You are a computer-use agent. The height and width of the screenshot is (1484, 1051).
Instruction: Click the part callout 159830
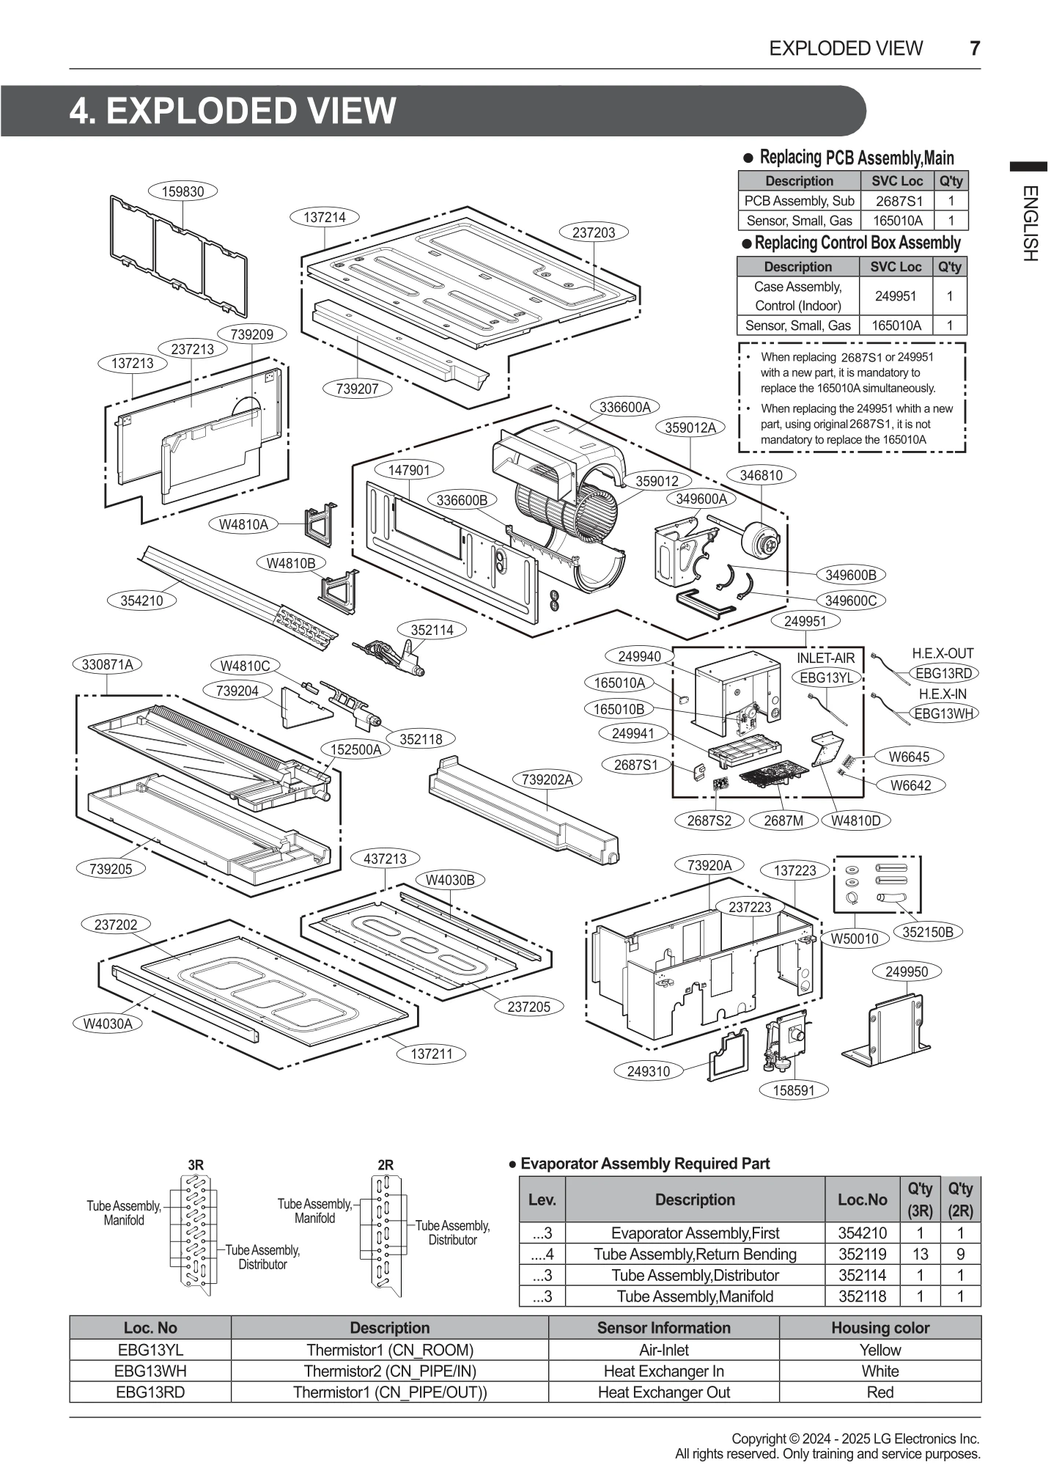[x=182, y=191]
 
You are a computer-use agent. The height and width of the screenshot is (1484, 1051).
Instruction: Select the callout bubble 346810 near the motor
[x=761, y=475]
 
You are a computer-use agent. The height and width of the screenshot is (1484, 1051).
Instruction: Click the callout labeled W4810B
[x=291, y=563]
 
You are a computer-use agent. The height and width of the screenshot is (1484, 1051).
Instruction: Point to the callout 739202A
[x=547, y=779]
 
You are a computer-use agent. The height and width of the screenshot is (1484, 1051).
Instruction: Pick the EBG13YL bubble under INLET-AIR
[x=826, y=678]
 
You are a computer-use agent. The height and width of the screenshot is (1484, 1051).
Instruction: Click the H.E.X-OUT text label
[x=943, y=653]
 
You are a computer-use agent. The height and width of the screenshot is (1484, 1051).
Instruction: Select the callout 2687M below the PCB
[x=783, y=820]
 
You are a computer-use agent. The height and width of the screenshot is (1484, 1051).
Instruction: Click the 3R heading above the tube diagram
[x=196, y=1164]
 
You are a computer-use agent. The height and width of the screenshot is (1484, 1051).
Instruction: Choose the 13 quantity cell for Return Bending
[x=920, y=1254]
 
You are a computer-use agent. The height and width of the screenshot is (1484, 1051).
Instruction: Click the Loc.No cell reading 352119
[x=862, y=1254]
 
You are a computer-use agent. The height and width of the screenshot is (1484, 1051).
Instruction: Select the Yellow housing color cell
[x=879, y=1350]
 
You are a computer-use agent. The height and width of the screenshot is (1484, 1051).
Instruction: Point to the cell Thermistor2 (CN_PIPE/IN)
[x=389, y=1371]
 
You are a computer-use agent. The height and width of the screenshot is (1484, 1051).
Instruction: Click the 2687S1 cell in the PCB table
[x=899, y=201]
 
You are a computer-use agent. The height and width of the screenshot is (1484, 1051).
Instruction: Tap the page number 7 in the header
[x=974, y=48]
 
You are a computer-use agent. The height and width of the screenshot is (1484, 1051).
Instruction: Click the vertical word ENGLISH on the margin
[x=1029, y=224]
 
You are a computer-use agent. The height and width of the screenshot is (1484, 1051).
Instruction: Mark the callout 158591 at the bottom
[x=794, y=1090]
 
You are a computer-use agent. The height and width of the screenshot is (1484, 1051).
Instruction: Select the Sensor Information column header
[x=663, y=1328]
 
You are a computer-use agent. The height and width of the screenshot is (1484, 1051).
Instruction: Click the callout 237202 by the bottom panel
[x=116, y=925]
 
